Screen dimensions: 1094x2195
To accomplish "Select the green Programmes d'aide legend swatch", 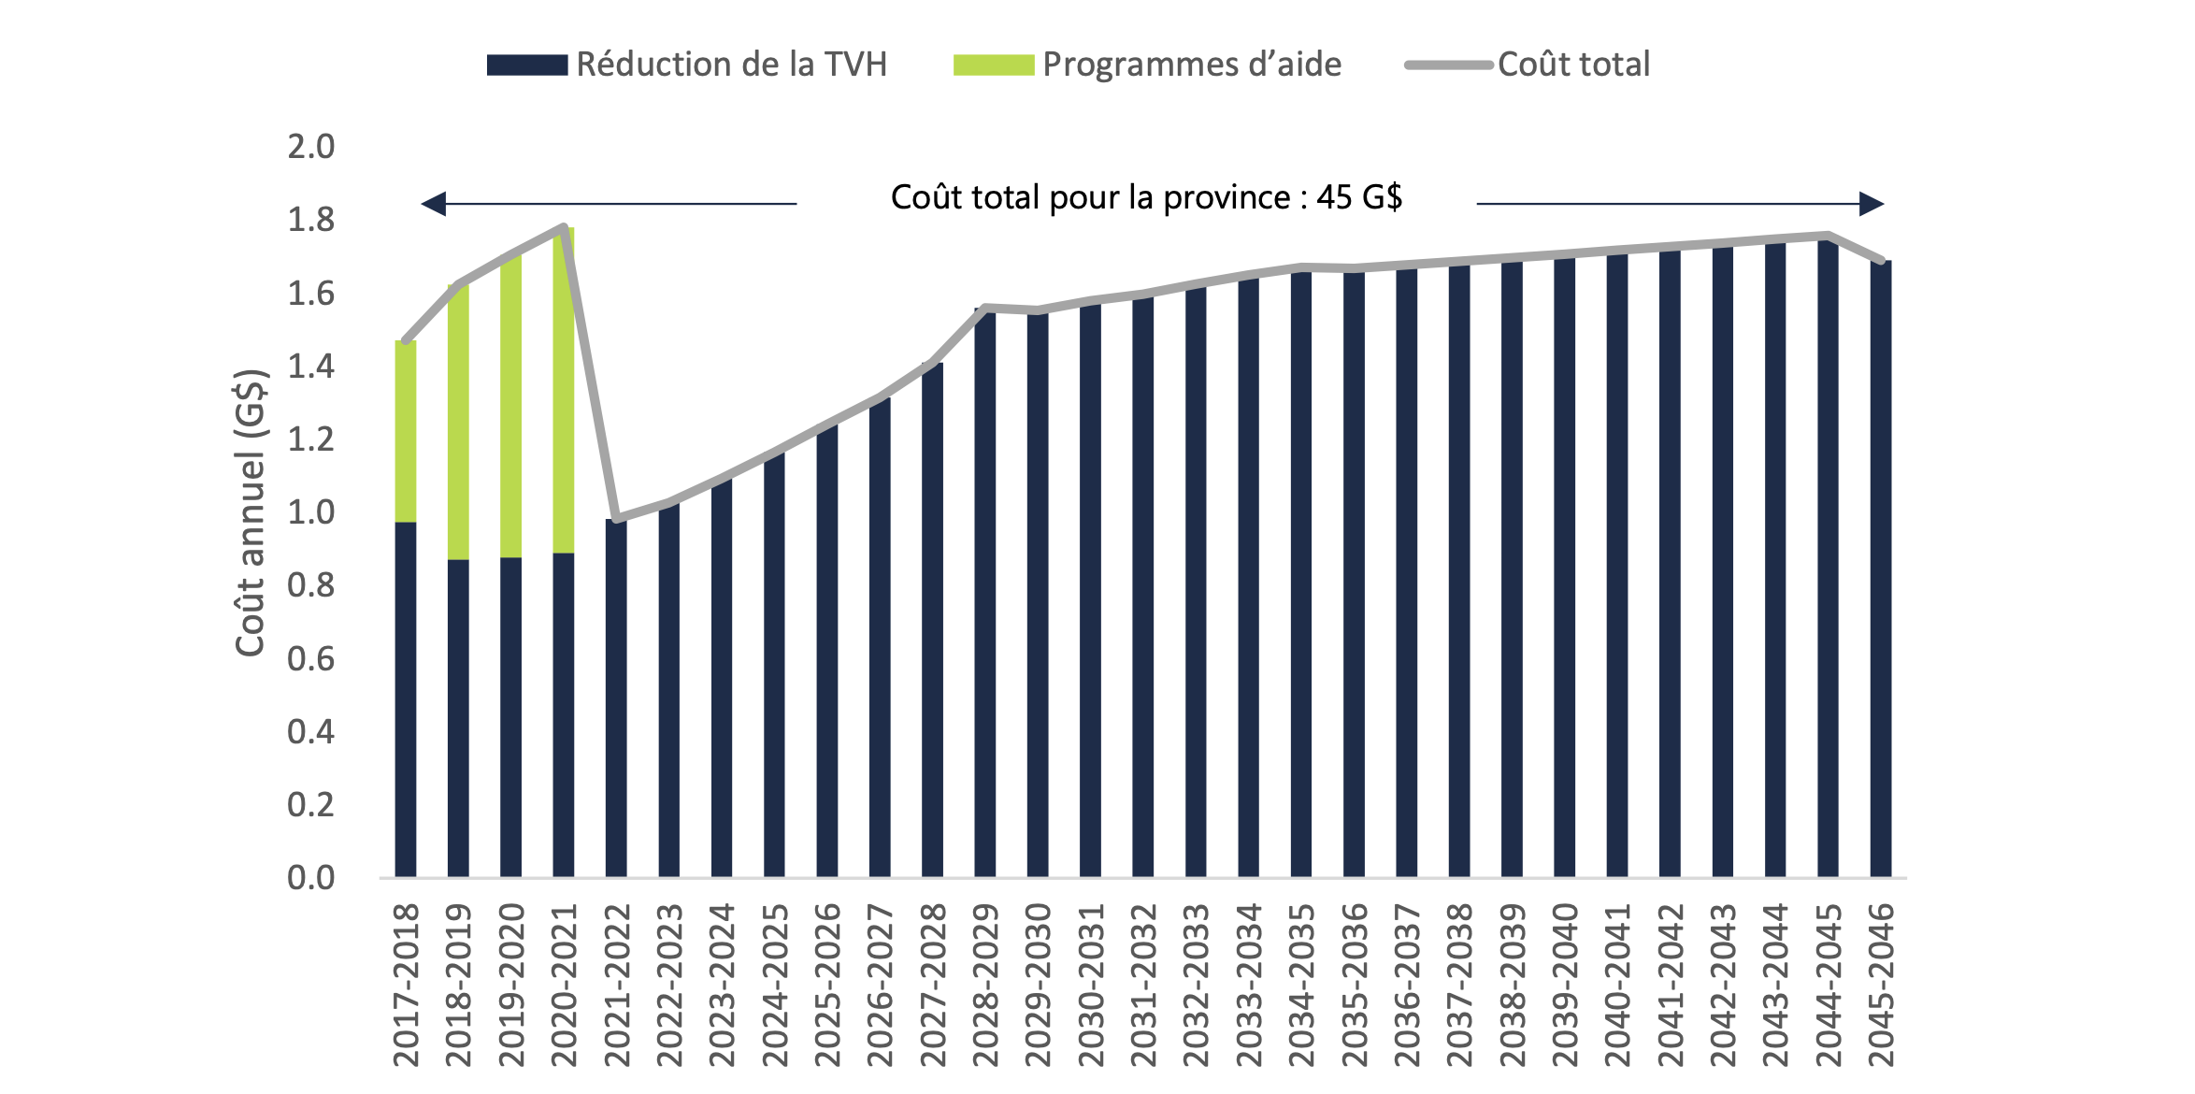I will tap(993, 65).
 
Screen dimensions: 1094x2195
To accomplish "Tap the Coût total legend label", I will tap(1573, 65).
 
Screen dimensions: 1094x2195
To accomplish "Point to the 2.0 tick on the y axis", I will tap(310, 147).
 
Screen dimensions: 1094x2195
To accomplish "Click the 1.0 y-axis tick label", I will tap(310, 512).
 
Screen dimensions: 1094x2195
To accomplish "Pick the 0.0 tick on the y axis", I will tap(310, 878).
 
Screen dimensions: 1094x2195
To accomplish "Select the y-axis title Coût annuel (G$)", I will tap(251, 512).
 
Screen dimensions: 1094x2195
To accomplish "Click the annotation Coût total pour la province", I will tap(1146, 197).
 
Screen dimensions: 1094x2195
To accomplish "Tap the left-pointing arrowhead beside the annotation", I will tap(434, 204).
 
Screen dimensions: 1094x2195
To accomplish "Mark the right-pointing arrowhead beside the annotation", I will tap(1872, 204).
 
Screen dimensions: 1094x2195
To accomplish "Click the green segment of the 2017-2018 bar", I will tap(406, 430).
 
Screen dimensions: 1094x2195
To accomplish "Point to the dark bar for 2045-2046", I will tap(1881, 570).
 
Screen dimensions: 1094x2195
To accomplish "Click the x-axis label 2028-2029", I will tap(985, 985).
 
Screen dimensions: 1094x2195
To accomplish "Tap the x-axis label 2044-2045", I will tap(1829, 985).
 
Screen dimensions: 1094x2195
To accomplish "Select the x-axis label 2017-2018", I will tap(406, 985).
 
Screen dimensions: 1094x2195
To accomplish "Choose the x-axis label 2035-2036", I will tap(1355, 985).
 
